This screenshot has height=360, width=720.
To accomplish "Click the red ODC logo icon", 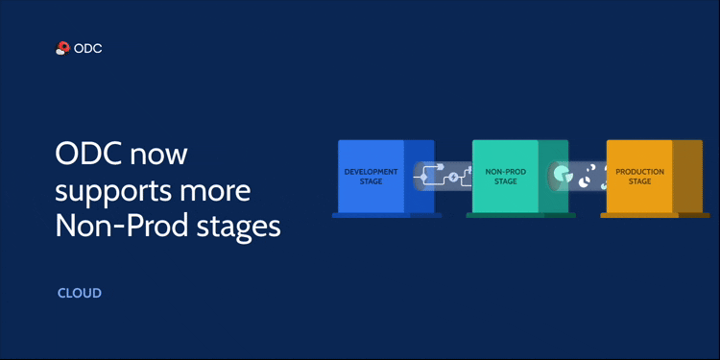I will click(x=63, y=48).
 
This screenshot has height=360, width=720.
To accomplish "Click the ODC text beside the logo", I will click(x=88, y=48).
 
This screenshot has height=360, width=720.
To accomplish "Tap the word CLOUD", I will click(x=80, y=293).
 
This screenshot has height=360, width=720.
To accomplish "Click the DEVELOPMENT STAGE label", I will click(x=371, y=176).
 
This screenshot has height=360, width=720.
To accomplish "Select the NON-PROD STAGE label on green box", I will click(x=505, y=176).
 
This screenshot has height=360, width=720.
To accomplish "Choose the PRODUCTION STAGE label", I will click(x=639, y=176).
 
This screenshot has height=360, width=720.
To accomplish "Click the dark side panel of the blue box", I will click(x=419, y=177).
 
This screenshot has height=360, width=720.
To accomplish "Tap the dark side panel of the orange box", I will click(x=687, y=177).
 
